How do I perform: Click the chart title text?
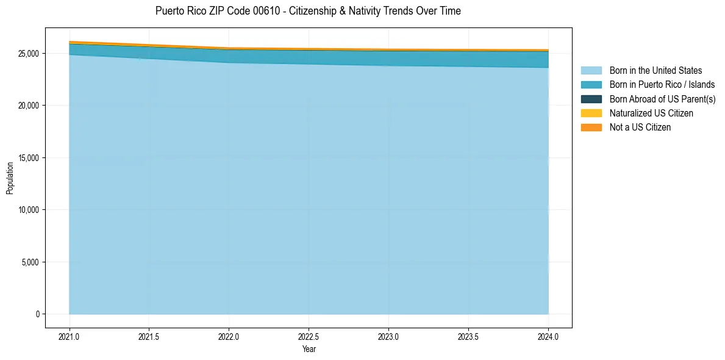[x=308, y=11]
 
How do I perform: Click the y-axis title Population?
[x=10, y=178]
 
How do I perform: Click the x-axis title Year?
[x=309, y=350]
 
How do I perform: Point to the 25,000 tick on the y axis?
[x=27, y=54]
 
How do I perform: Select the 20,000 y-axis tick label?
[x=27, y=106]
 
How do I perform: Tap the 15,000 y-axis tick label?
[x=27, y=158]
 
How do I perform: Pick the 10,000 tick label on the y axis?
[x=27, y=210]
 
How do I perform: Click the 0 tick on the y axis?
[x=37, y=314]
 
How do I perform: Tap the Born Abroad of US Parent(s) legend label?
[x=662, y=99]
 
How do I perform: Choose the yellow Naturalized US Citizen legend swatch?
[x=591, y=113]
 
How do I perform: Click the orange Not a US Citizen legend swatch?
[x=591, y=127]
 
